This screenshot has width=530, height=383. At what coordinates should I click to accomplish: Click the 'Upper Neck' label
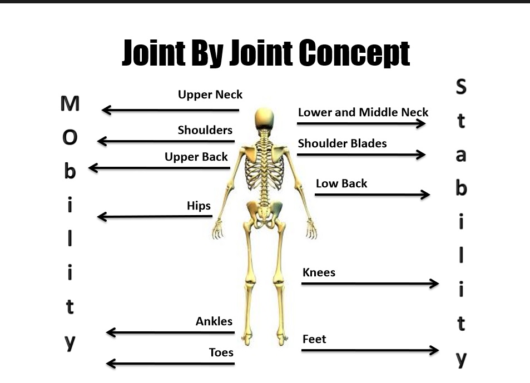[210, 95]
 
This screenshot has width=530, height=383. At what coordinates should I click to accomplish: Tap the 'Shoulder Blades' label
[342, 143]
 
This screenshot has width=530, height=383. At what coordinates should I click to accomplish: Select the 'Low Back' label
[341, 183]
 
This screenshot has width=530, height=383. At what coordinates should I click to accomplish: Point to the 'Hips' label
[199, 206]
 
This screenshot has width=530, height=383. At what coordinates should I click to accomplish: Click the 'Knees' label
[319, 272]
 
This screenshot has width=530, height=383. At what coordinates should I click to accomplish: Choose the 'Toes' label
[221, 352]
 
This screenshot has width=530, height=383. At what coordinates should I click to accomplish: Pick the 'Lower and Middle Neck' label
[363, 112]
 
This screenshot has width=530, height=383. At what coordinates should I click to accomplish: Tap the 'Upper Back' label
[196, 157]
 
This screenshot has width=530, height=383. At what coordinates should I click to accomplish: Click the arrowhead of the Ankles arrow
[110, 332]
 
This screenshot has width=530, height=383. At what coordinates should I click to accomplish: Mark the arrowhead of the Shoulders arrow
[101, 141]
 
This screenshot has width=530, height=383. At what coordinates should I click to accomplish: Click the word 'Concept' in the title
[354, 53]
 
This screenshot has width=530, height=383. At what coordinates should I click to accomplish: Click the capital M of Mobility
[70, 103]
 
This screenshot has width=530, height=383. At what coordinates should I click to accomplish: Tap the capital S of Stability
[461, 87]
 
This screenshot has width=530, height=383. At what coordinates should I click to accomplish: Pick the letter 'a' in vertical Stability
[461, 156]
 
